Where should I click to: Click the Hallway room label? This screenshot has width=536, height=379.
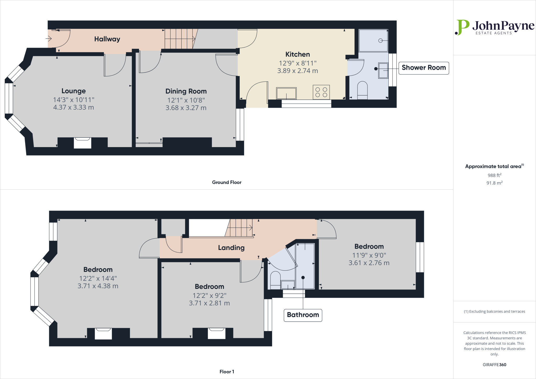107,39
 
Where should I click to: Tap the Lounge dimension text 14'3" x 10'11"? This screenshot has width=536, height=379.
74,100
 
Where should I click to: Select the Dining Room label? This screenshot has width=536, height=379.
186,91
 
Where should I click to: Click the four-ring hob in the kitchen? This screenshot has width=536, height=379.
321,92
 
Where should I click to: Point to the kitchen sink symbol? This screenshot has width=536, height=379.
286,93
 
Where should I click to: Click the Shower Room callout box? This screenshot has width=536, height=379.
423,68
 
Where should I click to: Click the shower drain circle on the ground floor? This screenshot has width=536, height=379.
381,41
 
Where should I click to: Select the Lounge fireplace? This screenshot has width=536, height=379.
82,143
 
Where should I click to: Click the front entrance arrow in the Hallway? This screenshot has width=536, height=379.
49,39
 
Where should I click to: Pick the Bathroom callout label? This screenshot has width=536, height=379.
303,315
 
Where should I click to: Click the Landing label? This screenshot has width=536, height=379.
231,248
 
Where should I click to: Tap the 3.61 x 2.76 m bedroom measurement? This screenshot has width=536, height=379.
369,263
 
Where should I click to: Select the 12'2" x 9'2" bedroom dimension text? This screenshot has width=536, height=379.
209,296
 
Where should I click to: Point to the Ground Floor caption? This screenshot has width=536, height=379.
227,182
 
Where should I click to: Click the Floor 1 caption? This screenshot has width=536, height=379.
227,372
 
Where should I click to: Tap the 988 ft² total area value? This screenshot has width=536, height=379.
494,175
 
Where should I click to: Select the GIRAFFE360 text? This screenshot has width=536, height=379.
494,365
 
